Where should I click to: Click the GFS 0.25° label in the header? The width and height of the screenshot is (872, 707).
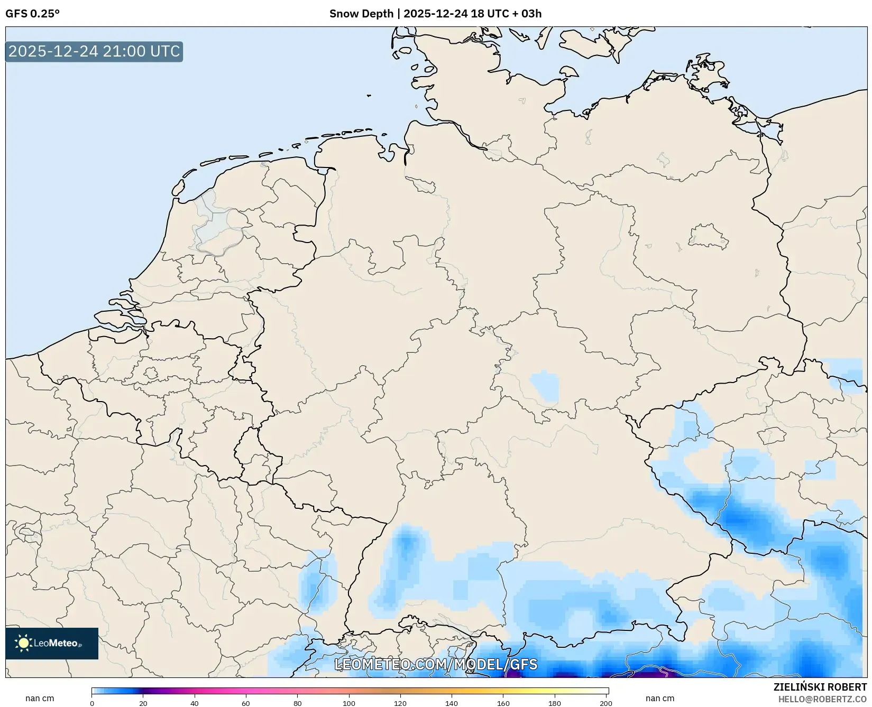pyautogui.click(x=32, y=14)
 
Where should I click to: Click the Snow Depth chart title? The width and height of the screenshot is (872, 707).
pyautogui.click(x=435, y=14)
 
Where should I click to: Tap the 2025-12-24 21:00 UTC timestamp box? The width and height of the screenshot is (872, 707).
pyautogui.click(x=94, y=51)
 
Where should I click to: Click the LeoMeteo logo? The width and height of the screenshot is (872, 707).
pyautogui.click(x=51, y=643)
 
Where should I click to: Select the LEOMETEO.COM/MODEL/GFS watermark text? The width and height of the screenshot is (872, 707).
pyautogui.click(x=436, y=664)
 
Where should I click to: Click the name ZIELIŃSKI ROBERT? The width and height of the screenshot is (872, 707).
pyautogui.click(x=820, y=687)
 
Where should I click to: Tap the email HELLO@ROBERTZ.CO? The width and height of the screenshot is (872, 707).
pyautogui.click(x=822, y=699)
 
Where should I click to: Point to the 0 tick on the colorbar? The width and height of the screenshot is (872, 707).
pyautogui.click(x=92, y=703)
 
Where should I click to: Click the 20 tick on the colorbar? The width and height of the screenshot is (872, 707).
pyautogui.click(x=143, y=703)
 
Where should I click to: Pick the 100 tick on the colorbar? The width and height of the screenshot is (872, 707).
pyautogui.click(x=349, y=703)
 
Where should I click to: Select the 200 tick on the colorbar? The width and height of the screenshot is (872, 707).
pyautogui.click(x=606, y=703)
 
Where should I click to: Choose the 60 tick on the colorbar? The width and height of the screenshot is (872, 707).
pyautogui.click(x=246, y=703)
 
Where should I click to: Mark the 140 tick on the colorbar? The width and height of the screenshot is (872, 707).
pyautogui.click(x=452, y=703)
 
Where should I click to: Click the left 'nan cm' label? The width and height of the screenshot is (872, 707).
pyautogui.click(x=40, y=699)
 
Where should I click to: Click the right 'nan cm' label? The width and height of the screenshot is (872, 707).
pyautogui.click(x=659, y=699)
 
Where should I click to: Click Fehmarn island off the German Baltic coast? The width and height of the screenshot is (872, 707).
pyautogui.click(x=568, y=71)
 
